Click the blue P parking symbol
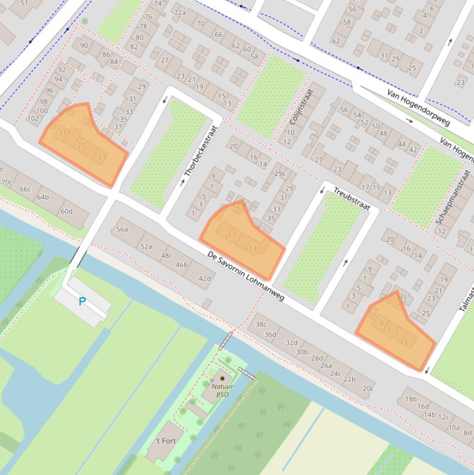pos(82,302)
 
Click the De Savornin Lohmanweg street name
pos(245,276)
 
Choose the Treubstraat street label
pos(351,199)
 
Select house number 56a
pos(122,229)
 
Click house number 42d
pos(205,278)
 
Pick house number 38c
pos(261,324)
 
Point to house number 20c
pos(367,389)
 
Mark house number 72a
pos(179,12)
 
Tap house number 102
pos(33,118)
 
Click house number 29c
pos(280,173)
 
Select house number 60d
pos(66,212)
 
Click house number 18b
pos(411,399)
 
